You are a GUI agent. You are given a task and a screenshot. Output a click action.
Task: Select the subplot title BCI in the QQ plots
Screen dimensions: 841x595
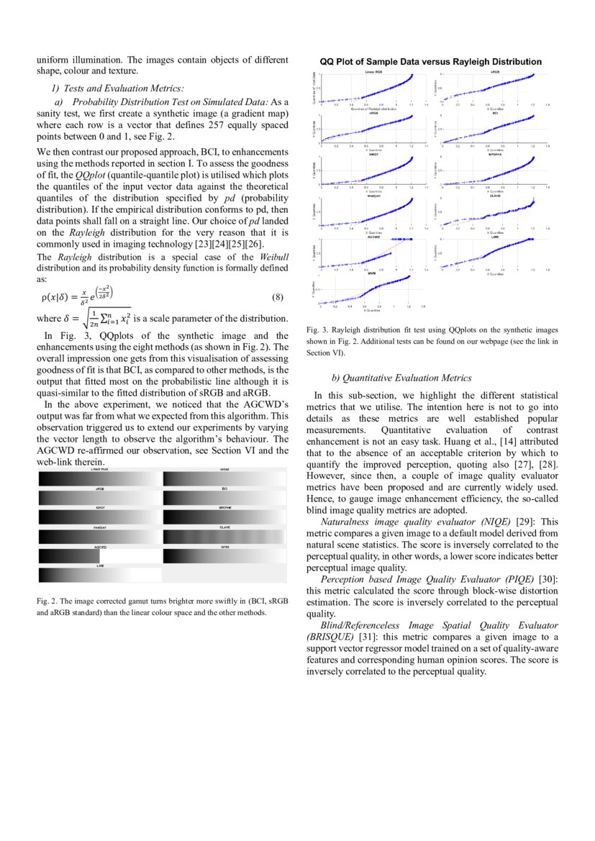(x=496, y=113)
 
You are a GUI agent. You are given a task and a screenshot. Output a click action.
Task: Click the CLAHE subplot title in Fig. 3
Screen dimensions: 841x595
(x=496, y=195)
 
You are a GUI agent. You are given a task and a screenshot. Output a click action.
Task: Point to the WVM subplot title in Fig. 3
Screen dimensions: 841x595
(x=371, y=274)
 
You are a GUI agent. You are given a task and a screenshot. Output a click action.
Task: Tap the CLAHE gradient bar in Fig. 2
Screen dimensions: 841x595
(x=224, y=536)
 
